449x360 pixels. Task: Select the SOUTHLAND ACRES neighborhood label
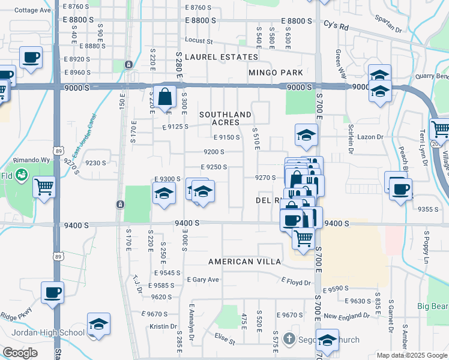click(x=225, y=118)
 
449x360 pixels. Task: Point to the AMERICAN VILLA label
click(x=244, y=262)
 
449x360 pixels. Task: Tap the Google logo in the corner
click(x=20, y=353)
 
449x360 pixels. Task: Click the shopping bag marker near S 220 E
click(x=164, y=97)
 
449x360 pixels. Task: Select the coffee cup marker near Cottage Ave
click(x=31, y=58)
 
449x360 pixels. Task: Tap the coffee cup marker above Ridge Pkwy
click(x=52, y=293)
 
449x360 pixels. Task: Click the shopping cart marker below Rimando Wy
click(x=44, y=187)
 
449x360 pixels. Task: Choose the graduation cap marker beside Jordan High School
click(x=98, y=324)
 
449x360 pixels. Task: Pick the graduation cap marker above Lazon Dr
click(x=306, y=135)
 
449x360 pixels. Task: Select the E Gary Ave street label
click(x=203, y=280)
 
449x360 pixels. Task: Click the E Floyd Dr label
click(x=296, y=282)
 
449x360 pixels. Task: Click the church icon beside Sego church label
click(x=289, y=339)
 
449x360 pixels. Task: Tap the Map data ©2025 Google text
click(x=412, y=355)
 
